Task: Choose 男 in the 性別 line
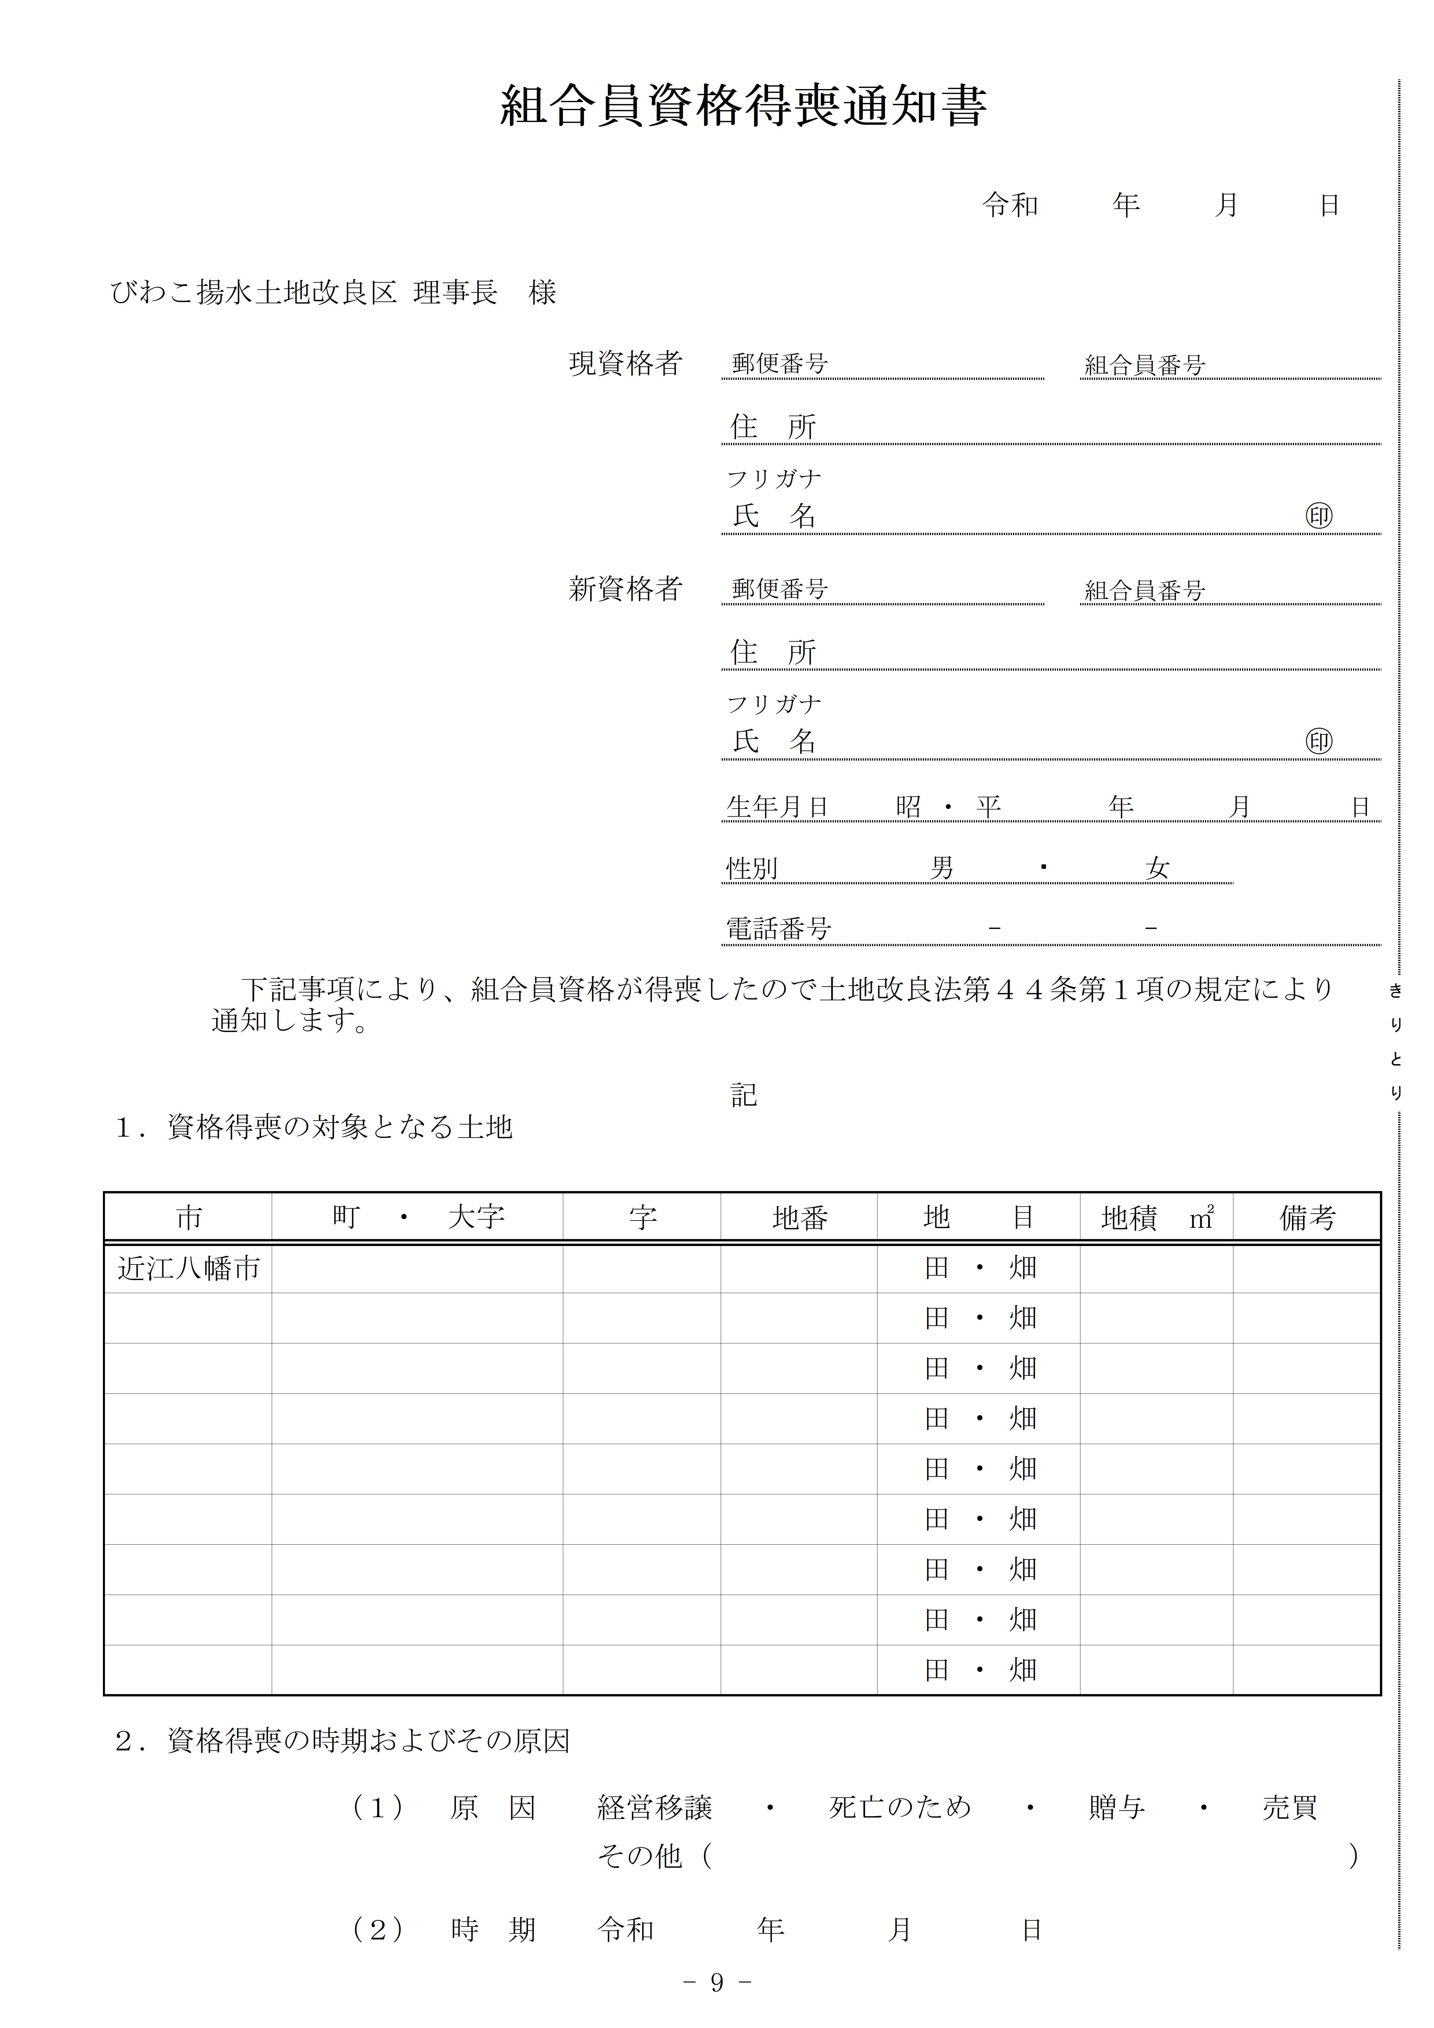click(x=942, y=868)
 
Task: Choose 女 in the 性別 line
click(x=1157, y=868)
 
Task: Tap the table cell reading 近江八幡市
click(x=188, y=1268)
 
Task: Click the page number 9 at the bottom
click(x=716, y=1983)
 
